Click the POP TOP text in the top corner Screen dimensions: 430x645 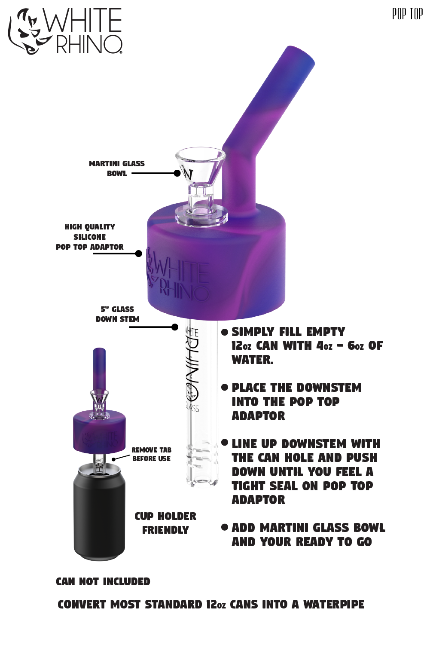[408, 14]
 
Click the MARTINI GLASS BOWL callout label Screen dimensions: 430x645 [117, 168]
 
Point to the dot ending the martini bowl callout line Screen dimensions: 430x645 [177, 173]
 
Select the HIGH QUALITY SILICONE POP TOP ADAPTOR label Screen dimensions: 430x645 [89, 237]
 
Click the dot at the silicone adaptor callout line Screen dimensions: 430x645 [138, 254]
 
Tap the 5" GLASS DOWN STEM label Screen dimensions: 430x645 [117, 314]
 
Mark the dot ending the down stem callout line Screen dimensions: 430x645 [175, 327]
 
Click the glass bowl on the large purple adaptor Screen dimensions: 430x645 [201, 184]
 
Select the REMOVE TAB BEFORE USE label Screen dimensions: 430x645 [151, 454]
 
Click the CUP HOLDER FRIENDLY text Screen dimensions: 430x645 [165, 523]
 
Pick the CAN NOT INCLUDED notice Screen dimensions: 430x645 [103, 581]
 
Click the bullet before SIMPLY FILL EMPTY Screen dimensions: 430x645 [225, 332]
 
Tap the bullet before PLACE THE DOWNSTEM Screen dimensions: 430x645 [225, 387]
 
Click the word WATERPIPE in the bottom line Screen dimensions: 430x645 [334, 604]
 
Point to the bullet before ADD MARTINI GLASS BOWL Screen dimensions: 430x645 [225, 527]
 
